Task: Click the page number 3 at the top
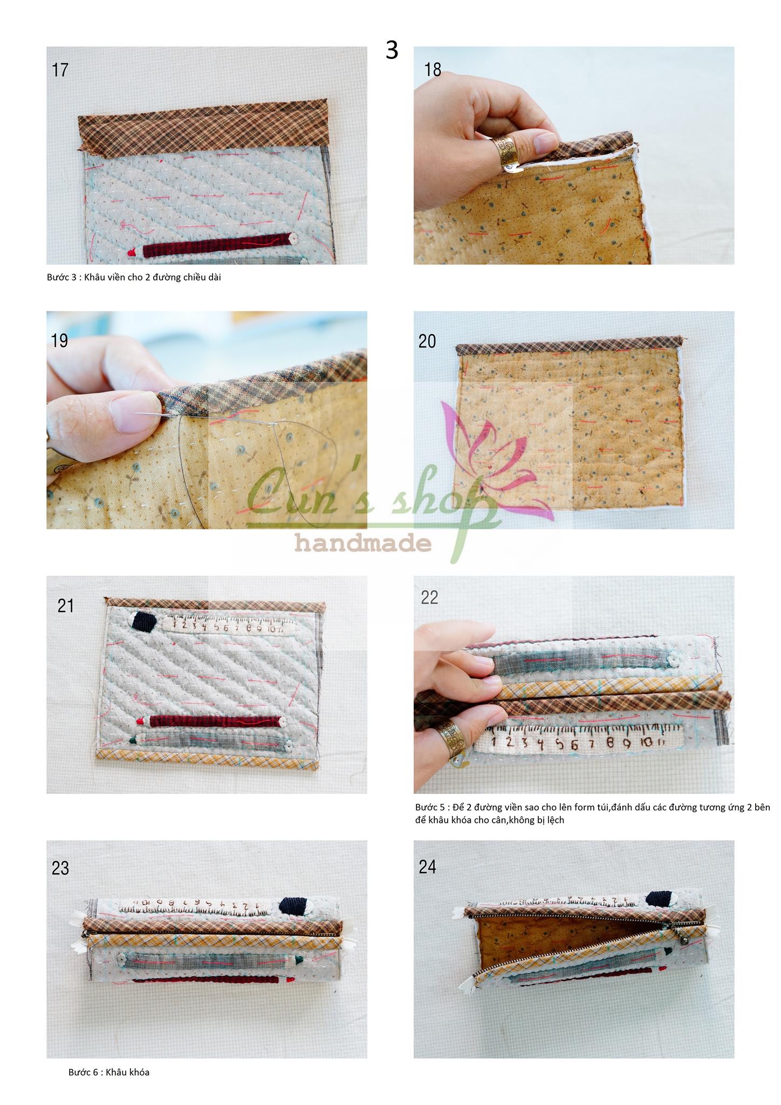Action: point(392,50)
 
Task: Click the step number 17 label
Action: point(60,70)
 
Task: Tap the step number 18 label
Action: point(433,70)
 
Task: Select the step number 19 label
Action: point(59,340)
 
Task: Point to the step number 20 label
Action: point(427,341)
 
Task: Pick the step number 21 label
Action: point(66,605)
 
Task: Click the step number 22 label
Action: point(429,597)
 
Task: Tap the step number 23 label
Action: point(60,868)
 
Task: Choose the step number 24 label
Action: point(427,867)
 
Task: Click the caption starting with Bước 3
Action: point(134,277)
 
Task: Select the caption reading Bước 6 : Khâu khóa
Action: point(109,1072)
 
